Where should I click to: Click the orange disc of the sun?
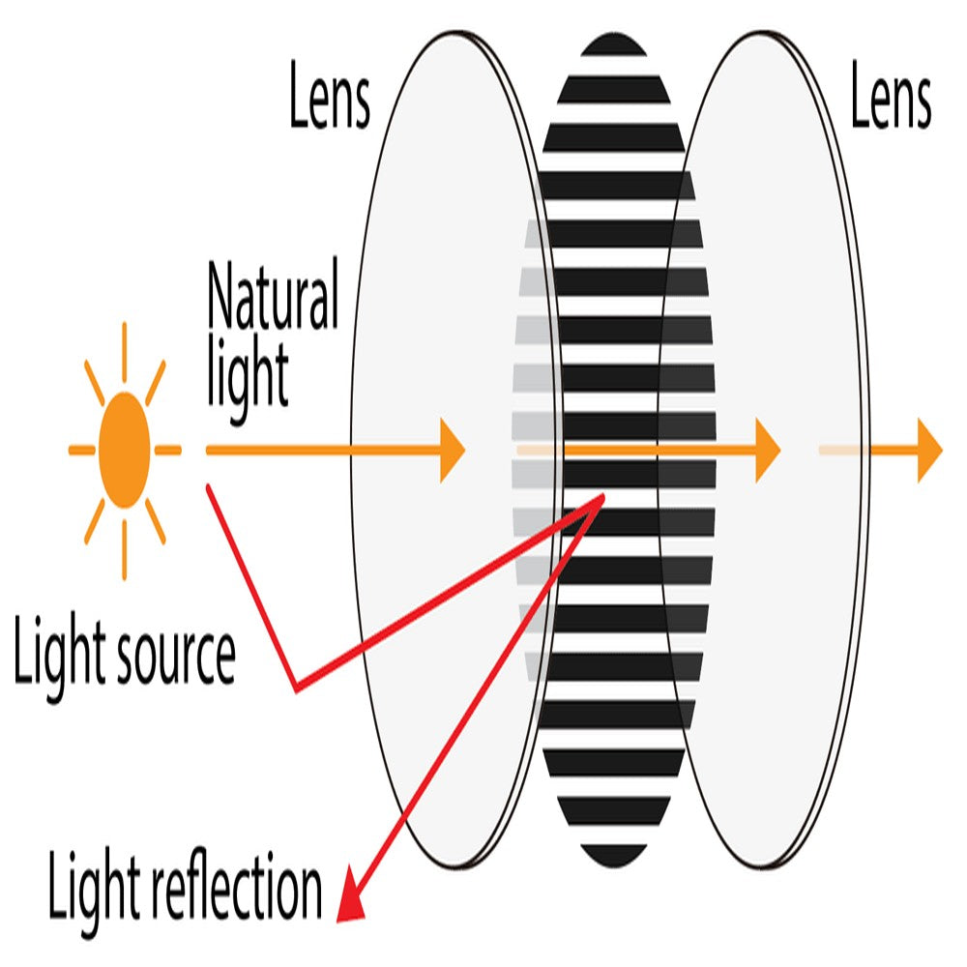point(125,451)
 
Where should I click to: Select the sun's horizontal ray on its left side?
point(81,451)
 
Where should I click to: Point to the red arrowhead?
point(351,905)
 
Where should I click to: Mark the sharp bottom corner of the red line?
point(296,689)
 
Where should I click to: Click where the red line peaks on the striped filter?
point(601,497)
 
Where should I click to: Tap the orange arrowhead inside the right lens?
point(767,451)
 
